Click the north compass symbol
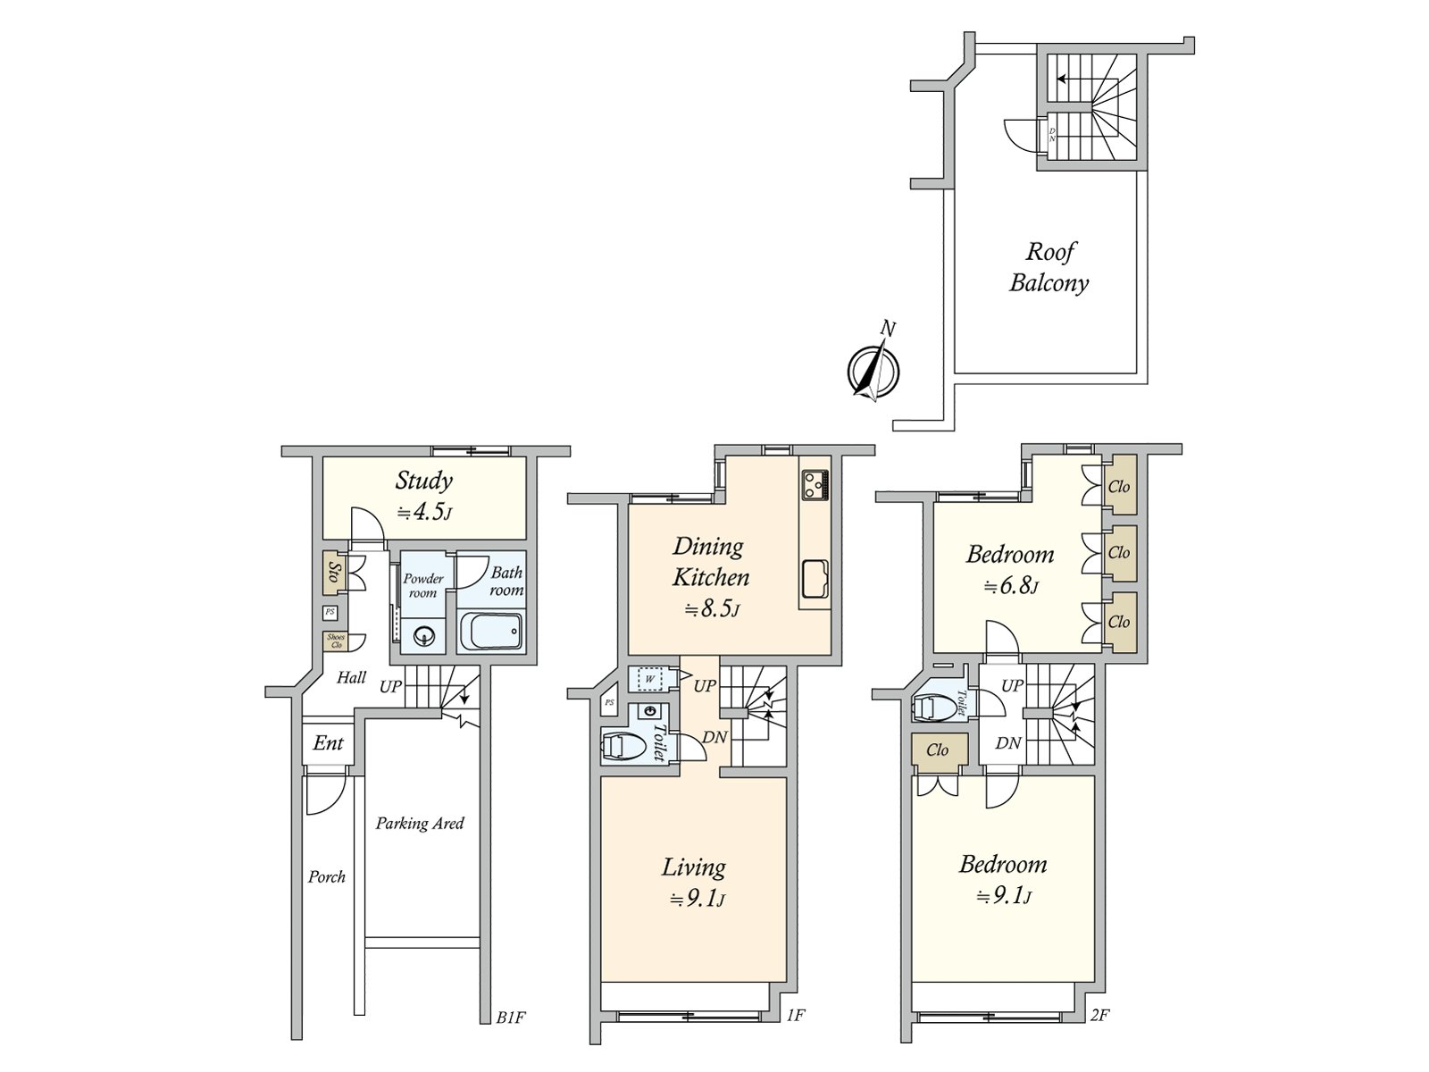(x=873, y=369)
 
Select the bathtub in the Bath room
(x=489, y=632)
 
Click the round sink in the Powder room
(x=422, y=637)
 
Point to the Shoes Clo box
(x=336, y=641)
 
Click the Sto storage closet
(x=334, y=571)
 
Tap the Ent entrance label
(x=328, y=743)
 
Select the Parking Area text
(x=419, y=824)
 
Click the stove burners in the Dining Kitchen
(x=815, y=484)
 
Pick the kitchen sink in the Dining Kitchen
(x=815, y=579)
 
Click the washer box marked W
(x=650, y=680)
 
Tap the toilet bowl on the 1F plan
(x=623, y=745)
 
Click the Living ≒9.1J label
(x=694, y=881)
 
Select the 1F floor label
(x=797, y=1015)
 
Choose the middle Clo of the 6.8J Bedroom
(x=1120, y=553)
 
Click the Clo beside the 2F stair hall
(x=938, y=750)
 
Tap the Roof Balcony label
(x=1049, y=267)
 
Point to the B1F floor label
(x=509, y=1017)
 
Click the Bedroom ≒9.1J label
(x=1003, y=879)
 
